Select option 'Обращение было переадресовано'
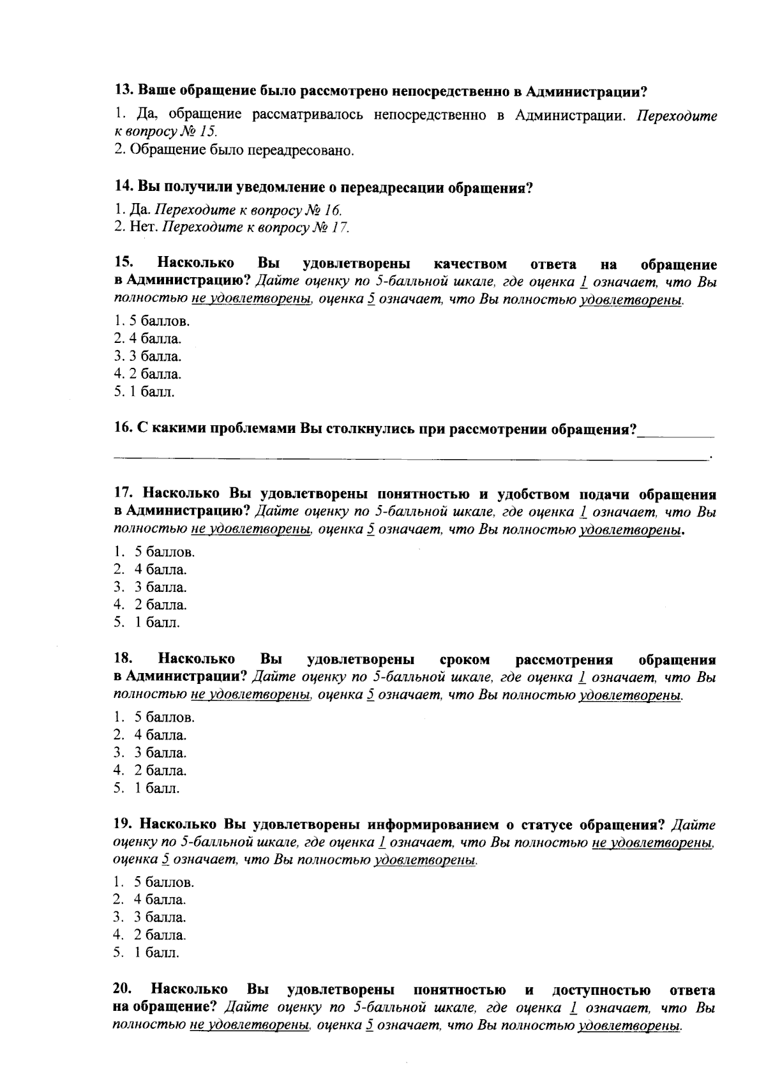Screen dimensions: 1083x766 (234, 151)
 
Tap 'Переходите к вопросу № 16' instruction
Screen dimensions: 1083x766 (249, 209)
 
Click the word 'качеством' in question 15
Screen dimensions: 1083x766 (470, 264)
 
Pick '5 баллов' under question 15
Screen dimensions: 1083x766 (152, 321)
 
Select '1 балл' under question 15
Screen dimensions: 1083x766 (144, 391)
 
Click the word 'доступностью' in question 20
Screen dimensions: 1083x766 (601, 990)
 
